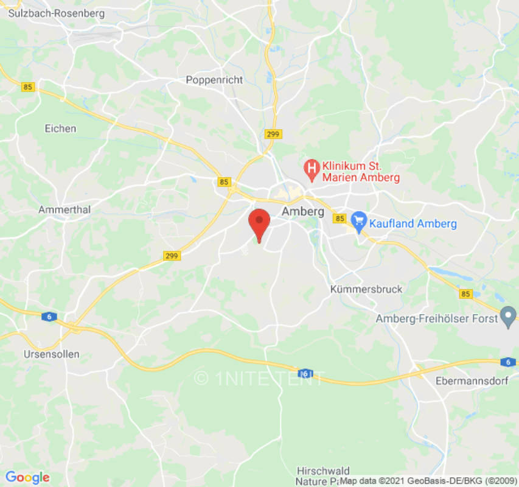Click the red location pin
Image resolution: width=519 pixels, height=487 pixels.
pyautogui.click(x=260, y=223)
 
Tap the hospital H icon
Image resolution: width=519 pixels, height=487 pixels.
pyautogui.click(x=312, y=167)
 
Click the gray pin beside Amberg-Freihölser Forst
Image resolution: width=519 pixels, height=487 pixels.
pyautogui.click(x=507, y=317)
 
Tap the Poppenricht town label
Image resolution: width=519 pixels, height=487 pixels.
pyautogui.click(x=214, y=80)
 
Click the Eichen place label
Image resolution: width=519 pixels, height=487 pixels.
pyautogui.click(x=61, y=128)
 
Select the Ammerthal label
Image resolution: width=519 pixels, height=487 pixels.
pyautogui.click(x=64, y=209)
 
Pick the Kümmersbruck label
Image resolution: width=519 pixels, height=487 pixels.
pyautogui.click(x=366, y=289)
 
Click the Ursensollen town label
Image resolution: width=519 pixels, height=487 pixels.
pyautogui.click(x=51, y=354)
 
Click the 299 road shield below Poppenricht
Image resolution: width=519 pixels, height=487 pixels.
pyautogui.click(x=273, y=134)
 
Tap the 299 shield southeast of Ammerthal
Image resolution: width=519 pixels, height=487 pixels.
pyautogui.click(x=172, y=256)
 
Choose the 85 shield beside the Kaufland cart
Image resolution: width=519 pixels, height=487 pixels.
pyautogui.click(x=340, y=219)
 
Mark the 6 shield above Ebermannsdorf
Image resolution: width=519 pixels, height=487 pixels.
pyautogui.click(x=508, y=362)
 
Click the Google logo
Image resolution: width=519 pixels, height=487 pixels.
pyautogui.click(x=27, y=478)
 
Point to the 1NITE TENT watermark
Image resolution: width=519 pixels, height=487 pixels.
pyautogui.click(x=260, y=378)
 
